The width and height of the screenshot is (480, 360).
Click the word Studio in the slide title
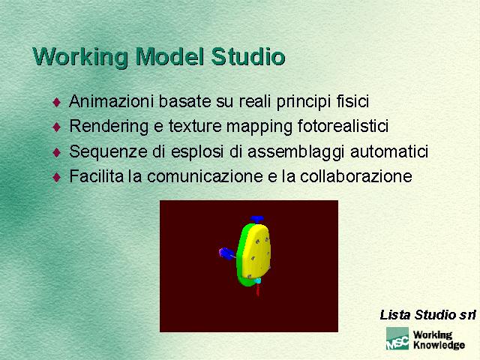[x=248, y=57]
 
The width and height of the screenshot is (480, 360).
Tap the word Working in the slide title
[x=80, y=57]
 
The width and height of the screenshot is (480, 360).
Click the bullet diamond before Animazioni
[x=57, y=102]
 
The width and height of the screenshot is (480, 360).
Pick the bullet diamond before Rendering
[x=57, y=127]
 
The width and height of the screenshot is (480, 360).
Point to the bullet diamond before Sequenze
[x=57, y=152]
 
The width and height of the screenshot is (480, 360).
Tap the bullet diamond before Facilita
[x=57, y=177]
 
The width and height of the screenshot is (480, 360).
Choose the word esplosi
[x=197, y=152]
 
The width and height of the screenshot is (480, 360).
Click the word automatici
[x=389, y=151]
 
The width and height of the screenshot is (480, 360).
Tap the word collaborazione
[x=356, y=176]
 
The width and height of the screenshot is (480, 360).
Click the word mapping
[x=259, y=127]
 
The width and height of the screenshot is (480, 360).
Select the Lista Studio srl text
[x=427, y=315]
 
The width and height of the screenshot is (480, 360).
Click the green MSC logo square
[x=397, y=338]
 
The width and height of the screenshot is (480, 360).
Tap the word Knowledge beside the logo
[x=439, y=345]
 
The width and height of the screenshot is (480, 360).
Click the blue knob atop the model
[x=256, y=220]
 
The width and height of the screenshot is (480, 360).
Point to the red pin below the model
[x=258, y=289]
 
